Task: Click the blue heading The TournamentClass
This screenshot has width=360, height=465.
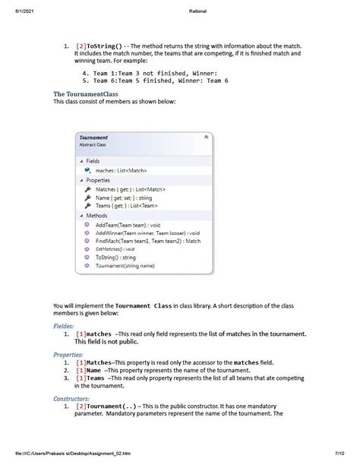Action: pyautogui.click(x=86, y=94)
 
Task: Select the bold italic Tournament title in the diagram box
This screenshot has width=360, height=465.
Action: pyautogui.click(x=94, y=138)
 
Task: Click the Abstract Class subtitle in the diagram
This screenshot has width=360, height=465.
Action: pyautogui.click(x=93, y=144)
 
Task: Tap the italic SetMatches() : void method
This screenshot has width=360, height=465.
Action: pyautogui.click(x=115, y=249)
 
